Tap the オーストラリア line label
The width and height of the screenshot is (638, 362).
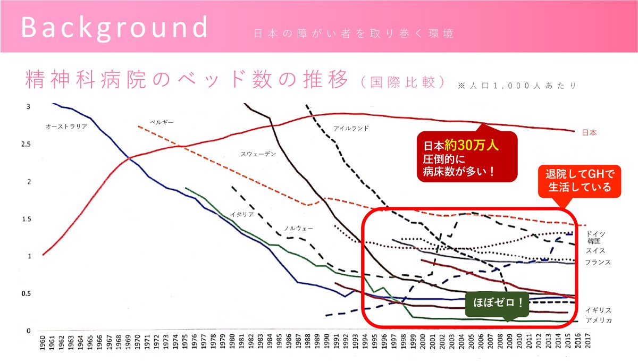[x=66, y=127]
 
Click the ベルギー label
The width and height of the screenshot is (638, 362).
[x=162, y=123]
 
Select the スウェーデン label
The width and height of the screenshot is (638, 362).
[x=258, y=154]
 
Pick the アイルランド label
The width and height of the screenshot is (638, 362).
[x=351, y=129]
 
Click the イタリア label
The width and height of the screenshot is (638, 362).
[x=242, y=214]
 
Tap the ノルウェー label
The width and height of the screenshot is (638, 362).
[x=298, y=228]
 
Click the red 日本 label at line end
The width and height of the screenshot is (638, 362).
[x=589, y=132]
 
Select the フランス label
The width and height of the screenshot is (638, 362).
[x=598, y=262]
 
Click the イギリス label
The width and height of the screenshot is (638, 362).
[x=598, y=310]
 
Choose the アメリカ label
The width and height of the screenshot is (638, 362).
[x=598, y=320]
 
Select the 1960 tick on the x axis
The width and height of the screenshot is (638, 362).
[x=43, y=342]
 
